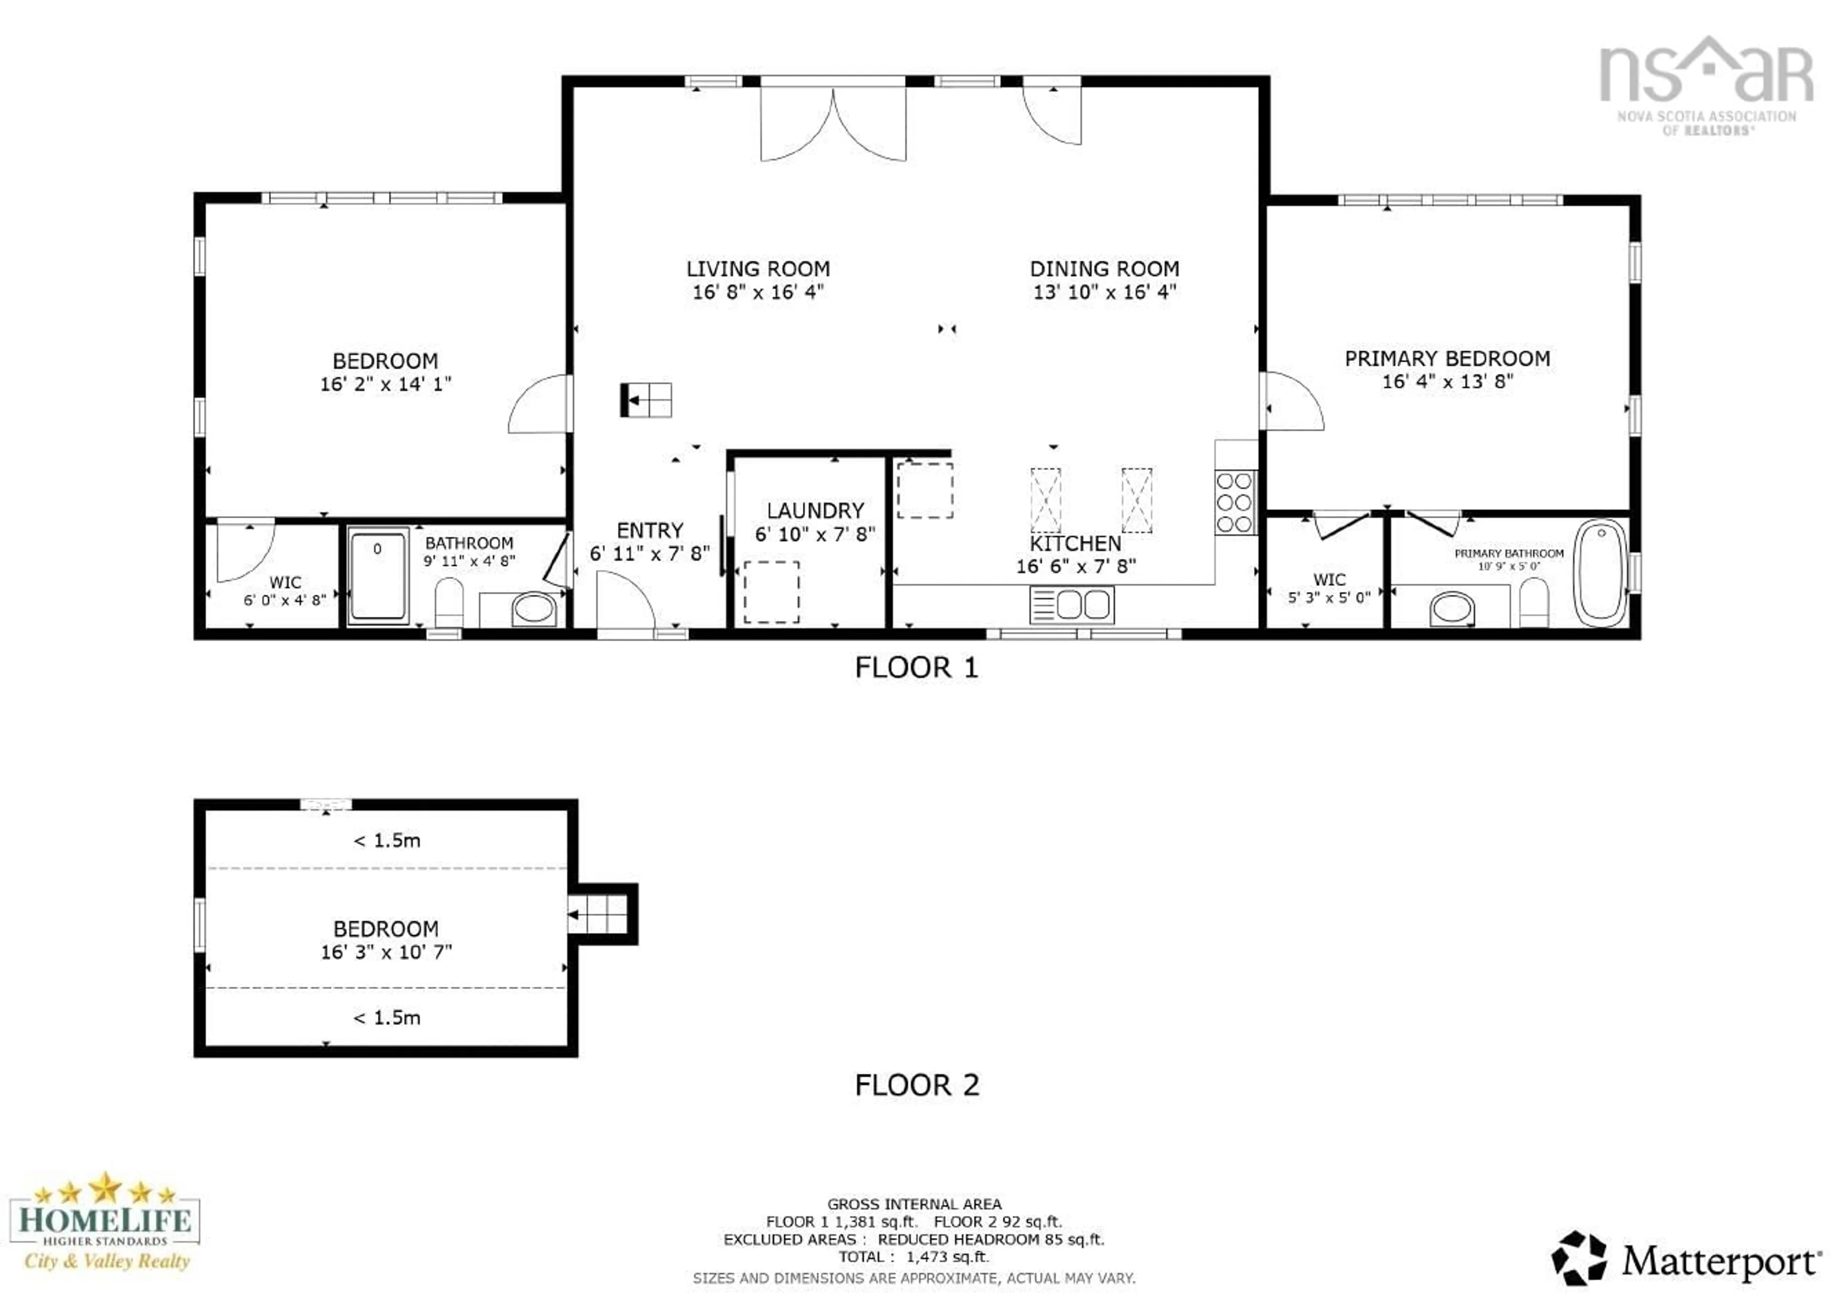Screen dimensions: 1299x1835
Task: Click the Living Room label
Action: (757, 269)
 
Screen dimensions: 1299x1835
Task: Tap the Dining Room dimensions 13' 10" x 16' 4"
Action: (1104, 292)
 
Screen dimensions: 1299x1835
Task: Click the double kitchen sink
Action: (1071, 605)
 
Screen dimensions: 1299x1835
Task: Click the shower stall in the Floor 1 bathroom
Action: (378, 574)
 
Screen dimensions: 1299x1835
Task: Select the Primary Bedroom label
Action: (1447, 359)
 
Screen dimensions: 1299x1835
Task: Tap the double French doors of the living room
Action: (832, 124)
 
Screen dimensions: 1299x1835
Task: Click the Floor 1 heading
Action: (916, 667)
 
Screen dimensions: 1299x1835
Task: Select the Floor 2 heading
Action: (916, 1085)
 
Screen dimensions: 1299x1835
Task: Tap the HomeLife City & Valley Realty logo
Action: (104, 1222)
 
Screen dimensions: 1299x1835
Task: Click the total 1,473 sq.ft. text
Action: (914, 1256)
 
